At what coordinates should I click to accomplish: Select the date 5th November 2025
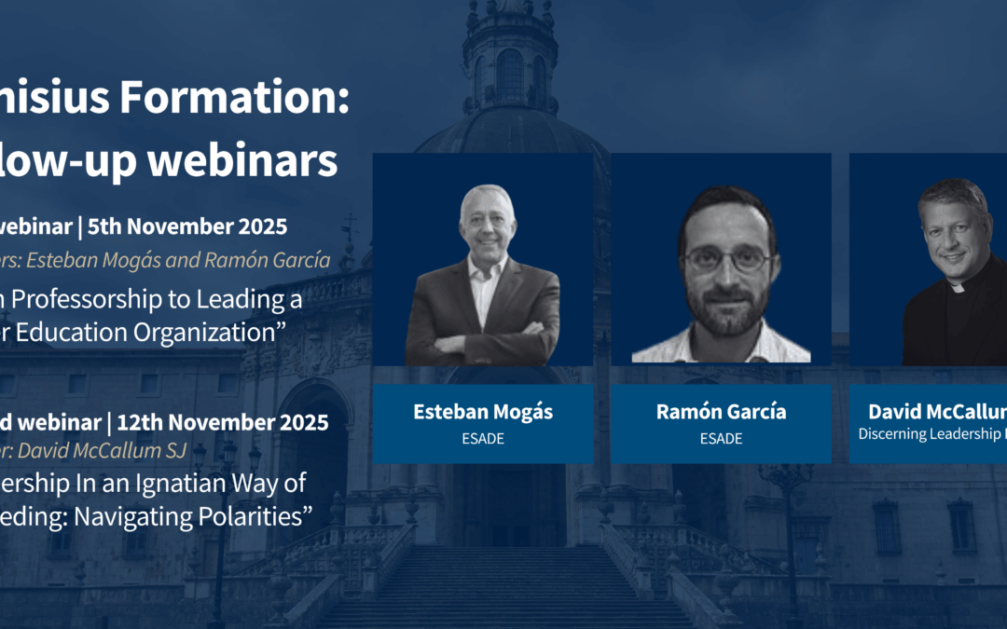pos(207,226)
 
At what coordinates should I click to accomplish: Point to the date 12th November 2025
pos(222,422)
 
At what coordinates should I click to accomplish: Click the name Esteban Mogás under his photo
pos(482,412)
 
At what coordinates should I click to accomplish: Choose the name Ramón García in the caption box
pos(721,412)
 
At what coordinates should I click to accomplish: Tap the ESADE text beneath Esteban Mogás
pos(482,438)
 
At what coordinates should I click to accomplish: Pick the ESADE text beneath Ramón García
pos(721,438)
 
